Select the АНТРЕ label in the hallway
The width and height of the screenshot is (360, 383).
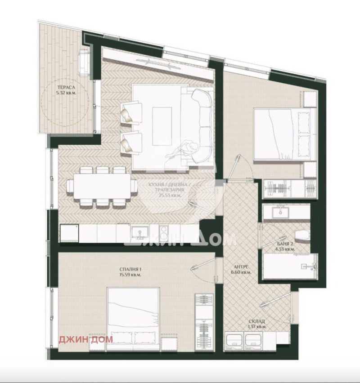239,266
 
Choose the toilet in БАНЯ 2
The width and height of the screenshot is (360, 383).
302,234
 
